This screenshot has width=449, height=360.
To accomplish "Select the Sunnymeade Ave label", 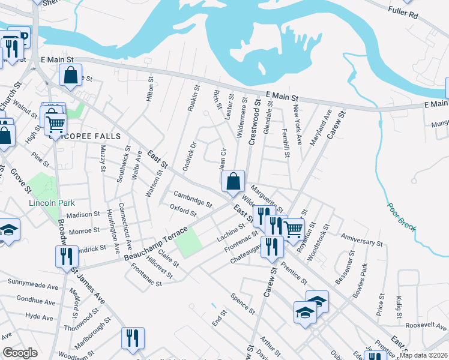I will pos(32,281).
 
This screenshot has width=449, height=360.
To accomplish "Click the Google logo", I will pos(20,353).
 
